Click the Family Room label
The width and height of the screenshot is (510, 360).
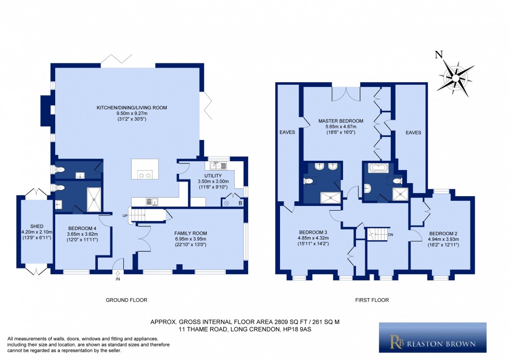point(190,233)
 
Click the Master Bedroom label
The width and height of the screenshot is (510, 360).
point(340,121)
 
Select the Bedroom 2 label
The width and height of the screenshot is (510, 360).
point(441,233)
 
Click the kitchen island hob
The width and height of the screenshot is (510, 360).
point(144,175)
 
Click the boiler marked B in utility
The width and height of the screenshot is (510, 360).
point(240,202)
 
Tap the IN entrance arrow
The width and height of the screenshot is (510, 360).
point(118,274)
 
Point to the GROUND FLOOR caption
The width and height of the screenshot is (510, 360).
point(126,300)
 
